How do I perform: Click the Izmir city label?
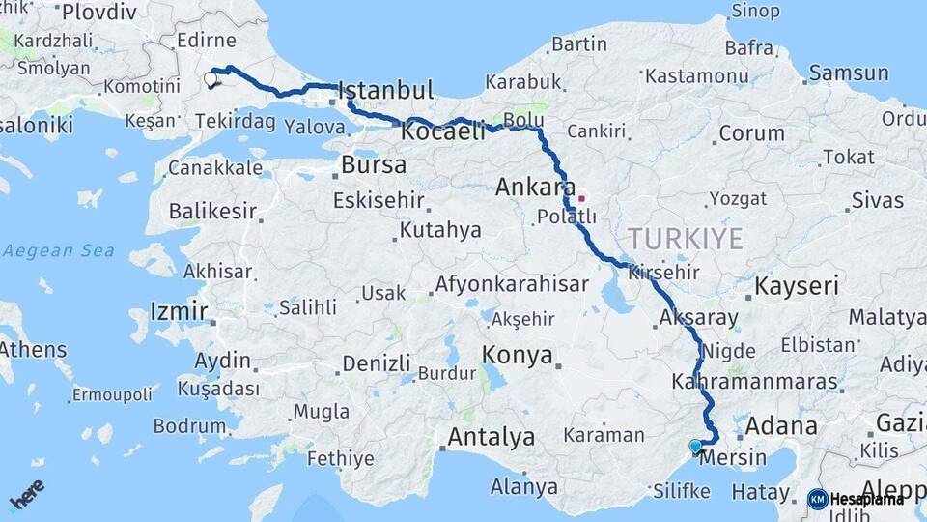(180, 311)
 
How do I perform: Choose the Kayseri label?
(797, 286)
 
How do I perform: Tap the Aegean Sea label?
(58, 251)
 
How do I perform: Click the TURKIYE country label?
(686, 238)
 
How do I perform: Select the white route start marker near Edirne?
(211, 79)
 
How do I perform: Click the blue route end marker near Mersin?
(695, 447)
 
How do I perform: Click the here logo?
(27, 495)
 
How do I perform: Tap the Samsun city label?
(849, 73)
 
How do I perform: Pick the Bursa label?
(374, 164)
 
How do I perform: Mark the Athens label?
(34, 350)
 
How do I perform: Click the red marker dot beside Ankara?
(581, 200)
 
